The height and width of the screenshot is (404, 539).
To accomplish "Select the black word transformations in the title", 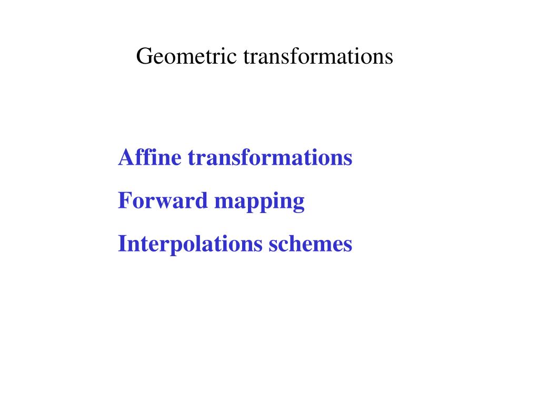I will pos(318,56).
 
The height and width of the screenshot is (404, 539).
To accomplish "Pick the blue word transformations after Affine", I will pos(270,157).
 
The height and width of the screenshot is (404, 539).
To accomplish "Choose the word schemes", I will pos(311,244).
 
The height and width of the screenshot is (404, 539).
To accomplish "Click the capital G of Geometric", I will pos(143,56).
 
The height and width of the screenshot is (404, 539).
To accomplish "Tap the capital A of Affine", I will pos(125,157).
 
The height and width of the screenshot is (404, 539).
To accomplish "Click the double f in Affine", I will pos(141,157).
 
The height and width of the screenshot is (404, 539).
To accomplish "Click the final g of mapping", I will pos(299,203).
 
